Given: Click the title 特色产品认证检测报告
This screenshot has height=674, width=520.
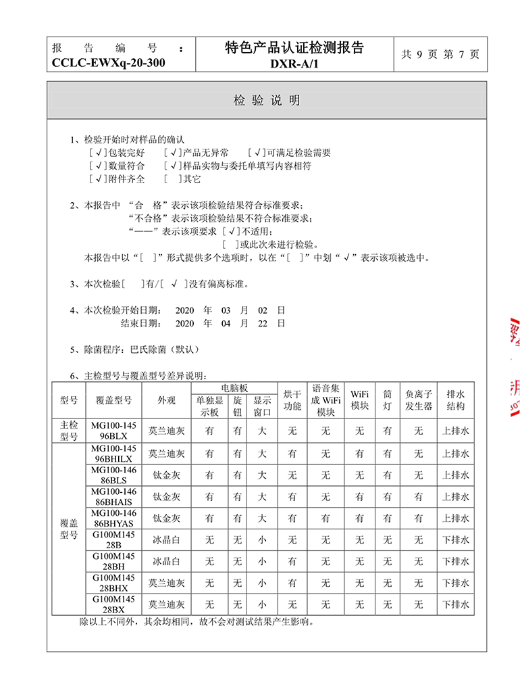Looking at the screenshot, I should pos(294,47).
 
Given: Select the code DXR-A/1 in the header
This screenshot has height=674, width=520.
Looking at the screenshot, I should pos(294,64).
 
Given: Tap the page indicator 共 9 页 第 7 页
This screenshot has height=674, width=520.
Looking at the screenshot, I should pos(440,55).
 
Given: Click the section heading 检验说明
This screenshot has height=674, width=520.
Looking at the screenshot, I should pos(267,101).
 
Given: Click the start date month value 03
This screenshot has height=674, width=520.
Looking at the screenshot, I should pos(226,310).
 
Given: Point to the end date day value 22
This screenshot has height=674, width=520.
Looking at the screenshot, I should pos(263,323).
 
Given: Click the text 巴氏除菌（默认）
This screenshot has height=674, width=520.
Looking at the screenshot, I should pos(155,350).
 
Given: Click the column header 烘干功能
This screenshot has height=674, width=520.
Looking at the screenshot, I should pos(292,400).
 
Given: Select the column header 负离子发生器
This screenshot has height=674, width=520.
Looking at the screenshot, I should pos(418,400).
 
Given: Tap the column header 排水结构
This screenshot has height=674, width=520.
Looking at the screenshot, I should pos(455,400).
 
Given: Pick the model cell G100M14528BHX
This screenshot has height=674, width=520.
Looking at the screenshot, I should pos(113,583).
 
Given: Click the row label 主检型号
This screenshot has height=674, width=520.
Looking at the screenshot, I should pos(70,431).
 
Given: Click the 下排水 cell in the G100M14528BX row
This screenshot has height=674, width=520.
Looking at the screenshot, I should pos(455,604).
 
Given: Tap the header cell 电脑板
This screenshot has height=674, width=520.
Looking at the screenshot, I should pos(234,388).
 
